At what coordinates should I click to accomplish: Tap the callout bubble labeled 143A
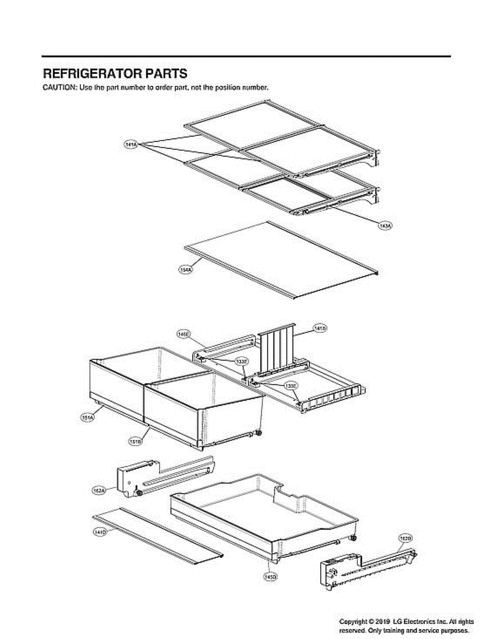(384, 226)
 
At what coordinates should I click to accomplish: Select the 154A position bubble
(186, 270)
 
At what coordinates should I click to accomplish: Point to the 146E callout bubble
(183, 334)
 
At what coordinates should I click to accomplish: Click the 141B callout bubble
(320, 329)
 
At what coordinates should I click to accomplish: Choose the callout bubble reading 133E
(290, 385)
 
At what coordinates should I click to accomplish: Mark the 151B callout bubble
(135, 441)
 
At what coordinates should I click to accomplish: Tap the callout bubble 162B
(405, 538)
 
